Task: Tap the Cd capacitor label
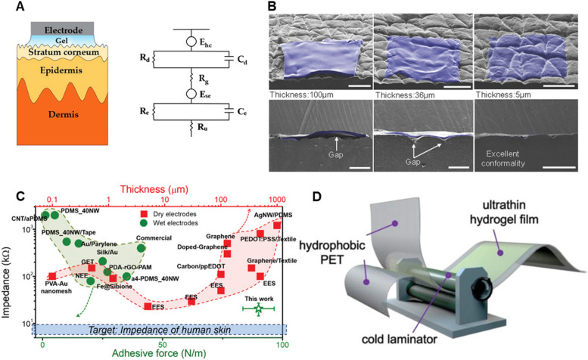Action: pyautogui.click(x=246, y=54)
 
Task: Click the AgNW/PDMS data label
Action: pyautogui.click(x=257, y=214)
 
